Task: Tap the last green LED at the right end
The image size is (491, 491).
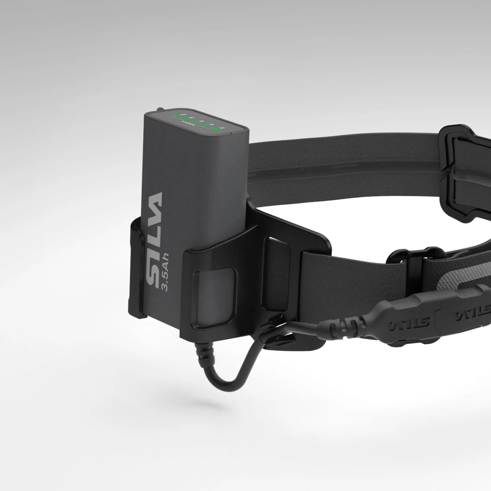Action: [216, 129]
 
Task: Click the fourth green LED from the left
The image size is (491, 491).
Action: [206, 125]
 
